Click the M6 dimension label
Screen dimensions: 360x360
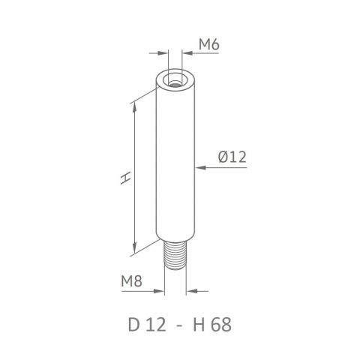(x=209, y=45)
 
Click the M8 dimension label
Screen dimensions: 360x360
(x=131, y=281)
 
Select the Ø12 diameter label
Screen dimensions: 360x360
(x=232, y=157)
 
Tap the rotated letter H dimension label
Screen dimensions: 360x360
(x=125, y=178)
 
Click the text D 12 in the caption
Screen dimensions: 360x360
(x=147, y=325)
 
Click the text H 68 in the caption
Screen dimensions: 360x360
(x=212, y=325)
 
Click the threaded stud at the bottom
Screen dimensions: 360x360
(x=175, y=256)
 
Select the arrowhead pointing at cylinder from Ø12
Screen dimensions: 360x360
(x=200, y=167)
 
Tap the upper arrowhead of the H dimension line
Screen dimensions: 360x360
(x=135, y=107)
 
